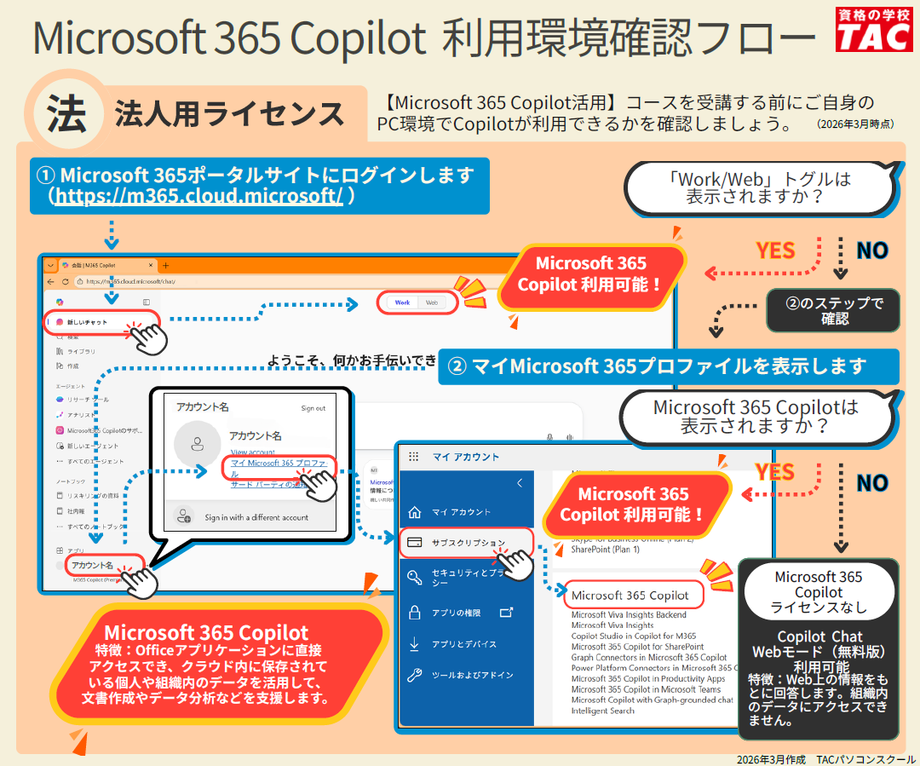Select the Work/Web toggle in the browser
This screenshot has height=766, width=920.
pos(417,302)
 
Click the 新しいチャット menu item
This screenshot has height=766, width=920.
pos(89,322)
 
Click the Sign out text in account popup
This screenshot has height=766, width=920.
pos(313,408)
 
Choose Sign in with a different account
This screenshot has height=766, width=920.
pos(256,517)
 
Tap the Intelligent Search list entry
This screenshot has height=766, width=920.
pos(602,711)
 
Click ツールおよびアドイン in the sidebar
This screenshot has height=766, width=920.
pos(472,675)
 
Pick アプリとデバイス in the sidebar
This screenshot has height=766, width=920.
pos(463,644)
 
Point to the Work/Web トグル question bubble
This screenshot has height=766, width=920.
pos(760,187)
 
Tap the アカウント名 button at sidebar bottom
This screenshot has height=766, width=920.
pos(93,565)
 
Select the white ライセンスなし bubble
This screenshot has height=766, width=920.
pos(818,591)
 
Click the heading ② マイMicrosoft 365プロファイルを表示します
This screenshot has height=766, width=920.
pos(669,366)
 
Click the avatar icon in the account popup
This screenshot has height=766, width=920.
pos(198,444)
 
